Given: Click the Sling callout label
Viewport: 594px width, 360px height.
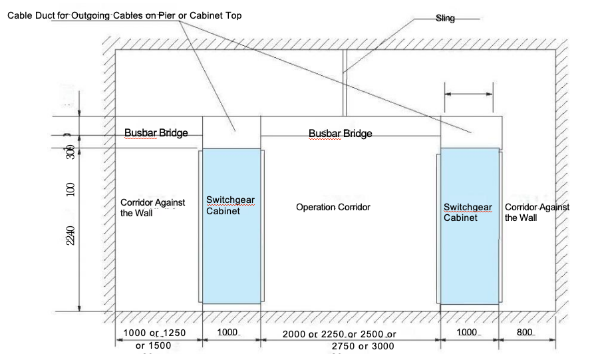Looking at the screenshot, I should coord(445,19).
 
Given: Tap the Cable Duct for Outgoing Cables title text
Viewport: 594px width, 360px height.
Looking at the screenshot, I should coord(124,15).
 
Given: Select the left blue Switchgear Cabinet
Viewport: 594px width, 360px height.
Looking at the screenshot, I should coord(231,226).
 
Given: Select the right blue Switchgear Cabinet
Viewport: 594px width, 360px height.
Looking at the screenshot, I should coord(470,226).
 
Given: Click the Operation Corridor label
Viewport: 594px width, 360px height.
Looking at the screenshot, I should coord(333,208).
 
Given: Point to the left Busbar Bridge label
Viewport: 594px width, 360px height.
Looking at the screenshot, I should coord(156,133).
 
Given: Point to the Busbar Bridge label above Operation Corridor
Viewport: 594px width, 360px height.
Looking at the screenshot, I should coord(340,134).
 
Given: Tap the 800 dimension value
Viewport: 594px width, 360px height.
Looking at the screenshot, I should coord(525,331).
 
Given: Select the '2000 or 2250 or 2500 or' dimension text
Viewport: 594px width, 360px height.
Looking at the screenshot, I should coord(339,334).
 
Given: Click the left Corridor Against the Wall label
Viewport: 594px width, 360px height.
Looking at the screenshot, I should coord(152,207).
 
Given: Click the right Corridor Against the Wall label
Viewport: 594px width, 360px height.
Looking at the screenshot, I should coord(537,212).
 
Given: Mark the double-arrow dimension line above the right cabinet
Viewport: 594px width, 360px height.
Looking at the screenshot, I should coord(470,94).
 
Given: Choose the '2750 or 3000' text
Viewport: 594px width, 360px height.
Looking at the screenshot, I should coord(363,346).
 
